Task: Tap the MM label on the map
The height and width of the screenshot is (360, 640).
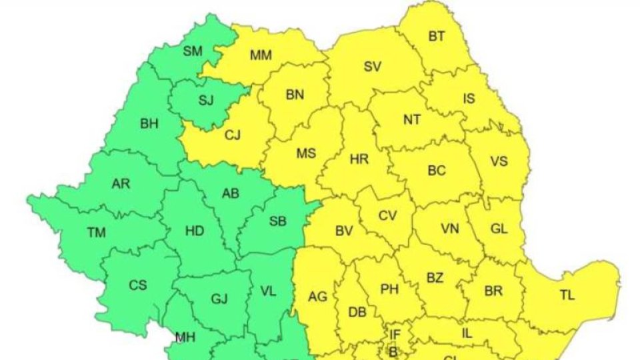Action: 261,56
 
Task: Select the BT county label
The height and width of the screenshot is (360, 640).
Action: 437,37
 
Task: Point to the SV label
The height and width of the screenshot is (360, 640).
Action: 373,66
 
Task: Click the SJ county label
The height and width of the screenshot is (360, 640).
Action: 206,101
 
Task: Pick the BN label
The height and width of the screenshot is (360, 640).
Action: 295,95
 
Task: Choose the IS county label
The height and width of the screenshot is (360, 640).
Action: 469,99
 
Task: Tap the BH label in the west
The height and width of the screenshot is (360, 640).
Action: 150,123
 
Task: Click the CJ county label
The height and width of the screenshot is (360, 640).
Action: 233,135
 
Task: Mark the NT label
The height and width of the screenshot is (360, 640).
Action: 412,120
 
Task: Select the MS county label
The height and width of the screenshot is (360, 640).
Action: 306,154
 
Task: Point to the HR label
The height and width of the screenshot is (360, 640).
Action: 359,159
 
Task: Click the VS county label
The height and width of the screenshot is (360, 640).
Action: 499,161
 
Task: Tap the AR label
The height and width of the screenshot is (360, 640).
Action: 121,183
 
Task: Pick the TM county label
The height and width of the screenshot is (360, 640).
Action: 96,232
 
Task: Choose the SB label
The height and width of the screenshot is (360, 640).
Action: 277,221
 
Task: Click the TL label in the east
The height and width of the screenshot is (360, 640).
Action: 567,296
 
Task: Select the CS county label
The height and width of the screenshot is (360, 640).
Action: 138,285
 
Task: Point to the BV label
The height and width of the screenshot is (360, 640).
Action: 344,231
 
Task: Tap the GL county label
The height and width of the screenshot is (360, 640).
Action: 499,228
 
